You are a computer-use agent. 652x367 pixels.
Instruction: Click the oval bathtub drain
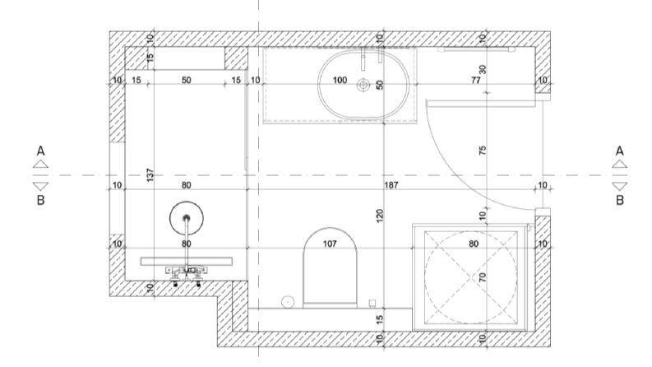(x=363, y=86)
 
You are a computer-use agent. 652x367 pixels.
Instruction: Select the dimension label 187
(x=391, y=185)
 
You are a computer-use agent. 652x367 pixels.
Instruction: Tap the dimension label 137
(x=150, y=174)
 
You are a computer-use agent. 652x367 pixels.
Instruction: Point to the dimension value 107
(x=330, y=244)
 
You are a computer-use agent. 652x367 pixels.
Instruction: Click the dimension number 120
(x=379, y=216)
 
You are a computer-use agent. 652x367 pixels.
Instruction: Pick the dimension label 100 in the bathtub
(x=340, y=80)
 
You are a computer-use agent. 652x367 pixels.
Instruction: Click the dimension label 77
(x=476, y=80)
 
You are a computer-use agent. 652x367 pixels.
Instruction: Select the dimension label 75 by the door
(x=483, y=151)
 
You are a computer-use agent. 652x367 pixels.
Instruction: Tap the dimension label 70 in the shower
(x=483, y=277)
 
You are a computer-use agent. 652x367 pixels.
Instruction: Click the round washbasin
(x=187, y=218)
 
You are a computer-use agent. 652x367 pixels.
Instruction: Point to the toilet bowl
(x=331, y=267)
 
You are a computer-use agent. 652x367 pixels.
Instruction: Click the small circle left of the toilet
(x=288, y=302)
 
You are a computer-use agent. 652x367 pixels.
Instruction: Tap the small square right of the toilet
(x=372, y=304)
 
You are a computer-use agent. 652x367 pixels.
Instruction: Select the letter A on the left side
(x=41, y=151)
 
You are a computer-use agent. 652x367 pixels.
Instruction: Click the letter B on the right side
(x=620, y=200)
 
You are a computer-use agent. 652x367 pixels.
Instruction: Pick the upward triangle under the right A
(x=620, y=164)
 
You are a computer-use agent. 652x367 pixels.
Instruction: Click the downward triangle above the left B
(x=41, y=186)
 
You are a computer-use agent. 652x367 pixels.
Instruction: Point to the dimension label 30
(x=483, y=69)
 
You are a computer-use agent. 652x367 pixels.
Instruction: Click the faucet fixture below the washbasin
(x=187, y=273)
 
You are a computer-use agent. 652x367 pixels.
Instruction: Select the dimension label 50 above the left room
(x=187, y=80)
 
